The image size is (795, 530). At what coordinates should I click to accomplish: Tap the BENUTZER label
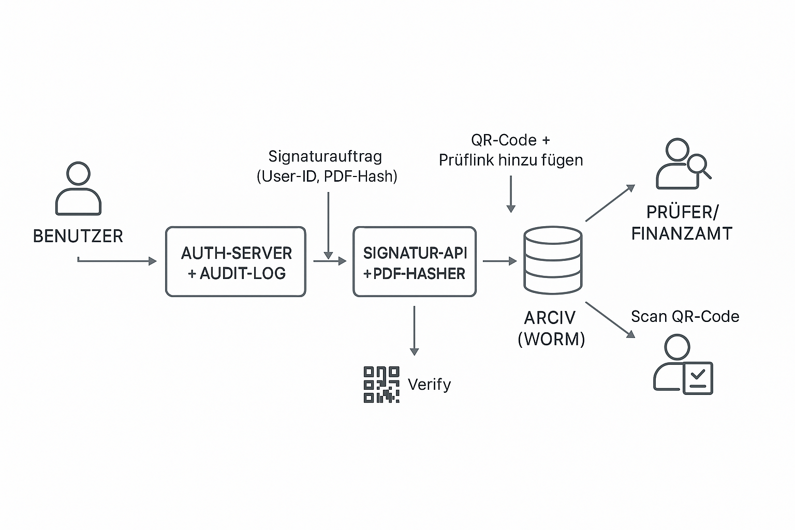[78, 236]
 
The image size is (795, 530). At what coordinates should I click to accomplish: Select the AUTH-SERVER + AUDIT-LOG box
[235, 262]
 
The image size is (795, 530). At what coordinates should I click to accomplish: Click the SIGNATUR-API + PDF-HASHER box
[414, 262]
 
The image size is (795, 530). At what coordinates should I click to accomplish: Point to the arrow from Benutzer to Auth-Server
[118, 261]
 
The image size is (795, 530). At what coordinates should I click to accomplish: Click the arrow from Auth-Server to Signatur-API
[330, 261]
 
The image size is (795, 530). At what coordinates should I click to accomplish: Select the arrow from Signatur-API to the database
[499, 261]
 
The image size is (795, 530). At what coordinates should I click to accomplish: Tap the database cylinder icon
[552, 260]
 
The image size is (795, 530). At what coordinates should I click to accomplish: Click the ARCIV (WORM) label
[551, 328]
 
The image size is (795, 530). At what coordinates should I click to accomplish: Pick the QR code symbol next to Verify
[381, 385]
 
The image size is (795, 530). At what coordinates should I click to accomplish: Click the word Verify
[429, 385]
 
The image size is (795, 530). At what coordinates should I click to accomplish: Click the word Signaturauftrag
[325, 156]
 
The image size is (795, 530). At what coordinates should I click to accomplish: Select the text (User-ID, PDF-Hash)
[327, 176]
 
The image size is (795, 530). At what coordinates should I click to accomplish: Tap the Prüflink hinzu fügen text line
[511, 160]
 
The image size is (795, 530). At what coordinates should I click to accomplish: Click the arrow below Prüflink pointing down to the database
[511, 194]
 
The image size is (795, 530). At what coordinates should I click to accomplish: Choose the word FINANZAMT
[682, 233]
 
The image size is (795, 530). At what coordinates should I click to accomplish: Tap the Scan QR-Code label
[685, 316]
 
